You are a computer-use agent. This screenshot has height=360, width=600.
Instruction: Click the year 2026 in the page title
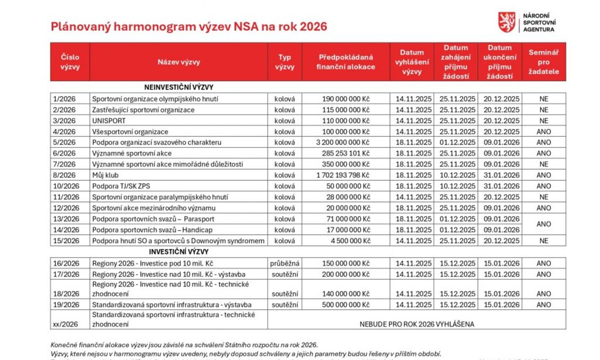click(313, 27)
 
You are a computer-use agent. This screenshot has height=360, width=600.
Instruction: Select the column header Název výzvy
click(179, 62)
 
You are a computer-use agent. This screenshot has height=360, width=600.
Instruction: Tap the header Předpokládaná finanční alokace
click(346, 62)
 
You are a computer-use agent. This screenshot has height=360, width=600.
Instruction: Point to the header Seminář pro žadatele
click(543, 62)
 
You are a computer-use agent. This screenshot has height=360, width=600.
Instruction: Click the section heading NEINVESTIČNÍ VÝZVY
click(179, 87)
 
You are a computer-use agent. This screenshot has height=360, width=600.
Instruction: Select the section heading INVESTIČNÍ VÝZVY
click(179, 251)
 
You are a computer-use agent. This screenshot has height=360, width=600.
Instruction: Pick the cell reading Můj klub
click(105, 175)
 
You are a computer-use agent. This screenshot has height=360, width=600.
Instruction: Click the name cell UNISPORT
click(109, 121)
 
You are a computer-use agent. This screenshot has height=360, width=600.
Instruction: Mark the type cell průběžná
click(285, 263)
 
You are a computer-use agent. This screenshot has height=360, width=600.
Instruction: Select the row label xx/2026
click(65, 324)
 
